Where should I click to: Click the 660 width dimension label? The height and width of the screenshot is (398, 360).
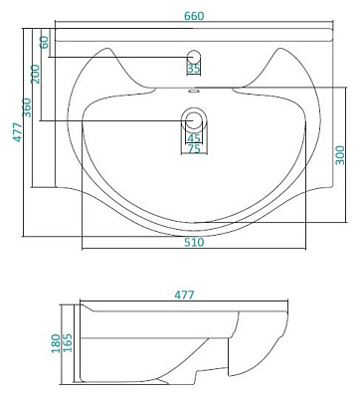pos(194,16)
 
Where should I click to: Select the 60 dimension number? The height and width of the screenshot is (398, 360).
pos(44,42)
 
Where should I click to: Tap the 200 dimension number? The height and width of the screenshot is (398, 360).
pos(35,74)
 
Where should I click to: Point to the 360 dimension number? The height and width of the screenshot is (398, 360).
pos(27,107)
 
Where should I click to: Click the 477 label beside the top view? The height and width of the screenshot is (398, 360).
pos(18,132)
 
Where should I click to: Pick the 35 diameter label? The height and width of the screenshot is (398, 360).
pos(194,69)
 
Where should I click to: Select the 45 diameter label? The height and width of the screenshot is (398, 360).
pos(194,137)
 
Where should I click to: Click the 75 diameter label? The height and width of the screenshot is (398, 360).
pos(194,149)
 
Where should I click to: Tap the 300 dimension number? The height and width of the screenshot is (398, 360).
pos(340,155)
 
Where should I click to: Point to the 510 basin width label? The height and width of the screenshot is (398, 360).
pos(194,242)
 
